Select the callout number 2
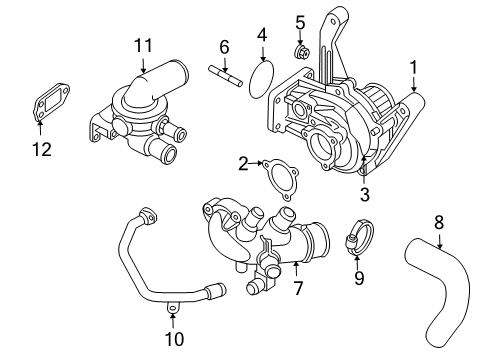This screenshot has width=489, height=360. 243,163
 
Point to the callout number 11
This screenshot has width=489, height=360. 143,45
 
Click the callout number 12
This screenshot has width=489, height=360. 40,150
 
